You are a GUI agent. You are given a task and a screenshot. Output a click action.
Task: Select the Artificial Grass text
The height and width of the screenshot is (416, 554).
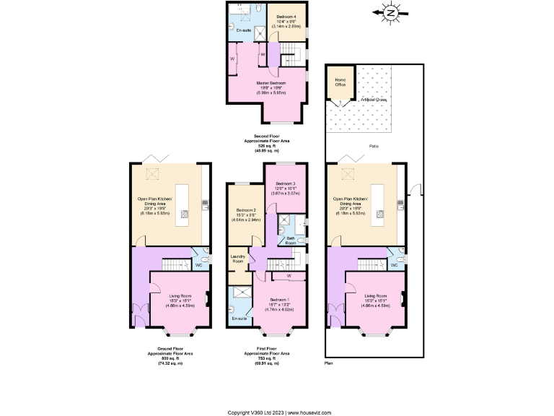pyautogui.click(x=371, y=100)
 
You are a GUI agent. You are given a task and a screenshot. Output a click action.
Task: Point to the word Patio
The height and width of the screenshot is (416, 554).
pyautogui.click(x=374, y=146)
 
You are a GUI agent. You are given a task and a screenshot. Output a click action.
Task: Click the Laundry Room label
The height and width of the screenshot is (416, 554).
pyautogui.click(x=237, y=258)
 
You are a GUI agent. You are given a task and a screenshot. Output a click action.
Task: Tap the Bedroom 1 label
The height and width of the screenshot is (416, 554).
pyautogui.click(x=280, y=300)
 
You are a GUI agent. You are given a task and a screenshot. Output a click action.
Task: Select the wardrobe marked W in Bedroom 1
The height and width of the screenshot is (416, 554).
pyautogui.click(x=288, y=276)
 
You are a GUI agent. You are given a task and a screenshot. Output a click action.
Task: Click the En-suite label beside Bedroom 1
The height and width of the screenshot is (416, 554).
pyautogui.click(x=238, y=318)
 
